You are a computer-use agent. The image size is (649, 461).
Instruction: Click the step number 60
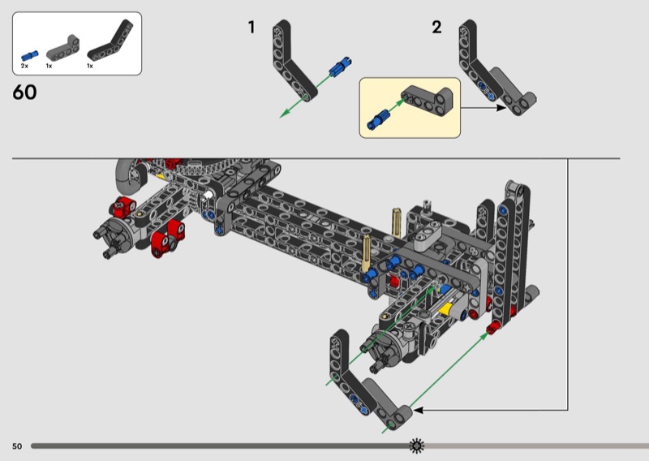coord(24,92)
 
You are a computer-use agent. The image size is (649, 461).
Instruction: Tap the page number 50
coord(17,446)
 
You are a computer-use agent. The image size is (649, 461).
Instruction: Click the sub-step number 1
coord(251,28)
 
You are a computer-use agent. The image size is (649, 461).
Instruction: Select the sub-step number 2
coord(436,28)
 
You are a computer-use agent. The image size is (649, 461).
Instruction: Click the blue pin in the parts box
coord(29,55)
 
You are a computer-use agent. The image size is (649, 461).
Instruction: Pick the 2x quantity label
coord(24,66)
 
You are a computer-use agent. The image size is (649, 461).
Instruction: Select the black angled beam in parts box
coord(111,41)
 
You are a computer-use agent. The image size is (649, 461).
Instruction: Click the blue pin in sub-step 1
coord(341,67)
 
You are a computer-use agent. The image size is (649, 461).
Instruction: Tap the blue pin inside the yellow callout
coord(377,118)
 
